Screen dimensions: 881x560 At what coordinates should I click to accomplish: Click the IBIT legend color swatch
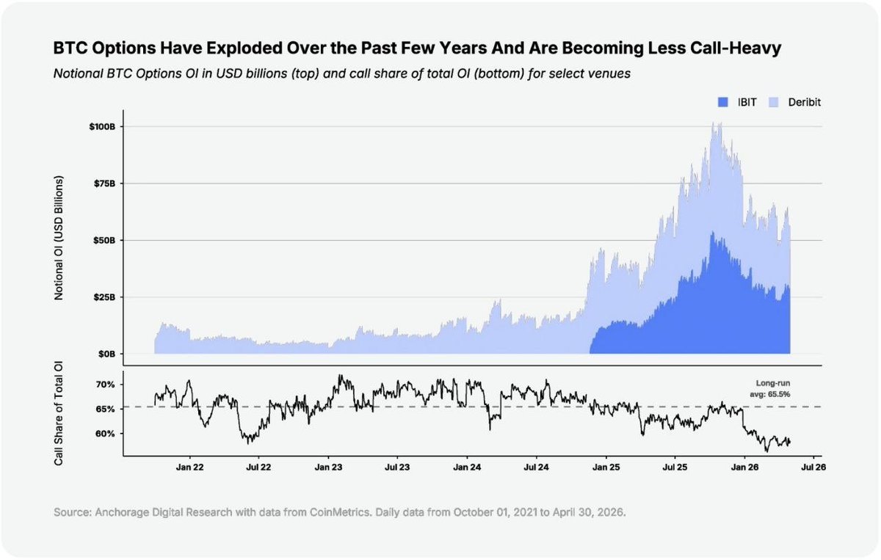tap(723, 102)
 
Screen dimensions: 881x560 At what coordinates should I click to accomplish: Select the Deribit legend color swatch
tap(773, 102)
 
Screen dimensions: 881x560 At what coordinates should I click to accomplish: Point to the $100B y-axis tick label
tap(102, 127)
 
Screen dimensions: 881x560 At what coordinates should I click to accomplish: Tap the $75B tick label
tap(104, 183)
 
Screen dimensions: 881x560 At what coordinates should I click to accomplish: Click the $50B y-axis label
tap(104, 240)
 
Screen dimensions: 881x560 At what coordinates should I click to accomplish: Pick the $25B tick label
tap(104, 297)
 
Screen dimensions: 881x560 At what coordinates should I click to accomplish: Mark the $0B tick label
tap(106, 354)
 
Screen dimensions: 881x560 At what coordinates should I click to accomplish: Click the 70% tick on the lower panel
tap(106, 384)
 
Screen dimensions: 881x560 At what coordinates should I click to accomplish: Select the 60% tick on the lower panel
tap(106, 434)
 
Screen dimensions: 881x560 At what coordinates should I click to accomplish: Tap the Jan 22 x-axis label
tap(190, 468)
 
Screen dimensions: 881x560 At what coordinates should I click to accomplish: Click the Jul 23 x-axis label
tap(397, 468)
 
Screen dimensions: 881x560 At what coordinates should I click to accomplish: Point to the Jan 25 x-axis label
tap(606, 468)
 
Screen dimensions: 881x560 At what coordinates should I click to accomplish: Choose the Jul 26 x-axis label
tap(813, 468)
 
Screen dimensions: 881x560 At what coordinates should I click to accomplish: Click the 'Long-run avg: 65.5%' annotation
tap(770, 388)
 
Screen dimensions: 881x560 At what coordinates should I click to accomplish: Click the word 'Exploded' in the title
tap(244, 48)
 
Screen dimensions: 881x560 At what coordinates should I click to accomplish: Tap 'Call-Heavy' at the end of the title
tap(736, 48)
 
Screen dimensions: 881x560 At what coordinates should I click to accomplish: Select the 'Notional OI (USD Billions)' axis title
tap(58, 238)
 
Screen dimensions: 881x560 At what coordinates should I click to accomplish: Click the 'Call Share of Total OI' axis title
tap(58, 413)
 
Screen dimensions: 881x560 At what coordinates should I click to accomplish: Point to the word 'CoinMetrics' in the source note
tap(340, 512)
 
